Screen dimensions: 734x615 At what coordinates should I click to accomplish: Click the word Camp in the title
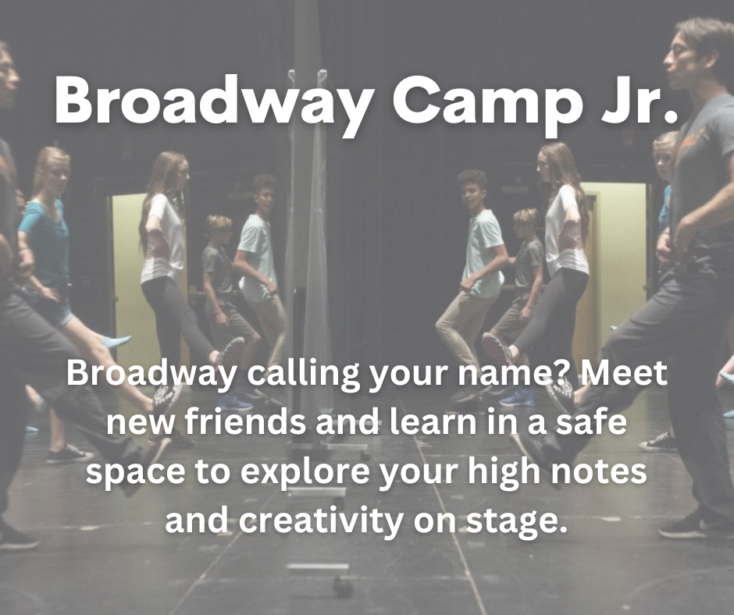pyautogui.click(x=486, y=105)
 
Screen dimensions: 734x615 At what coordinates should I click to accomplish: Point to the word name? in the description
pyautogui.click(x=512, y=373)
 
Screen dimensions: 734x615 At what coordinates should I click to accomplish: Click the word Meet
pyautogui.click(x=622, y=373)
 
